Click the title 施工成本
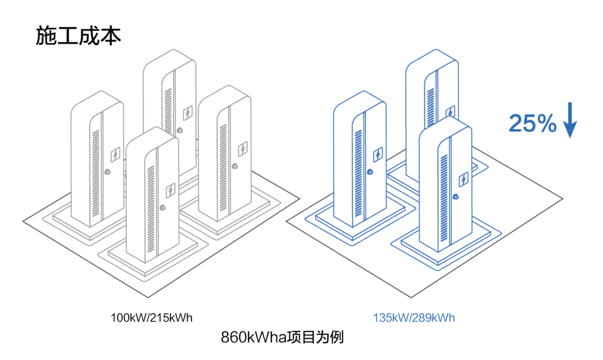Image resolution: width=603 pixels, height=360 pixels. coord(79,36)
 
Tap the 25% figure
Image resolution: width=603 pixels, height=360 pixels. coord(533,123)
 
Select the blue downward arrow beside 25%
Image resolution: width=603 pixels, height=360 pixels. coord(570,120)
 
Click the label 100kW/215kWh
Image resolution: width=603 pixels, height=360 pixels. coord(151,318)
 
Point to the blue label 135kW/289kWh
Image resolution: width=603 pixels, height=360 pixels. coord(414,318)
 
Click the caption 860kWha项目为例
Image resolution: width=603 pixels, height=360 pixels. coord(283,337)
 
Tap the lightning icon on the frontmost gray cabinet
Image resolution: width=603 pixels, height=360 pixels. coord(170,190)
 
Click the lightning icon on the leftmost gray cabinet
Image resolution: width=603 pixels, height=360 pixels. coord(116,154)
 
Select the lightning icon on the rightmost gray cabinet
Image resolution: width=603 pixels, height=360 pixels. coord(243,149)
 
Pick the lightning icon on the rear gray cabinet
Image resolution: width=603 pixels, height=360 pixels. coord(188,113)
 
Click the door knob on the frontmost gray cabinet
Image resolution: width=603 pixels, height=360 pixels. coord(162,208)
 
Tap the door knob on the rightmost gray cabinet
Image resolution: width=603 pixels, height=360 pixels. coord(234,166)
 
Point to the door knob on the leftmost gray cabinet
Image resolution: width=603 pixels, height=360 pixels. coord(107,172)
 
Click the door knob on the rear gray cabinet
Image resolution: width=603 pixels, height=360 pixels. coord(180,131)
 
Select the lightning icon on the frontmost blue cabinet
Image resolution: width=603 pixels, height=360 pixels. coord(464,179)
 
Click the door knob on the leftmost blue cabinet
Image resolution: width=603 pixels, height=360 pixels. coord(370,172)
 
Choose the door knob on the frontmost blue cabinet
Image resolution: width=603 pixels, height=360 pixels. coord(456,197)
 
